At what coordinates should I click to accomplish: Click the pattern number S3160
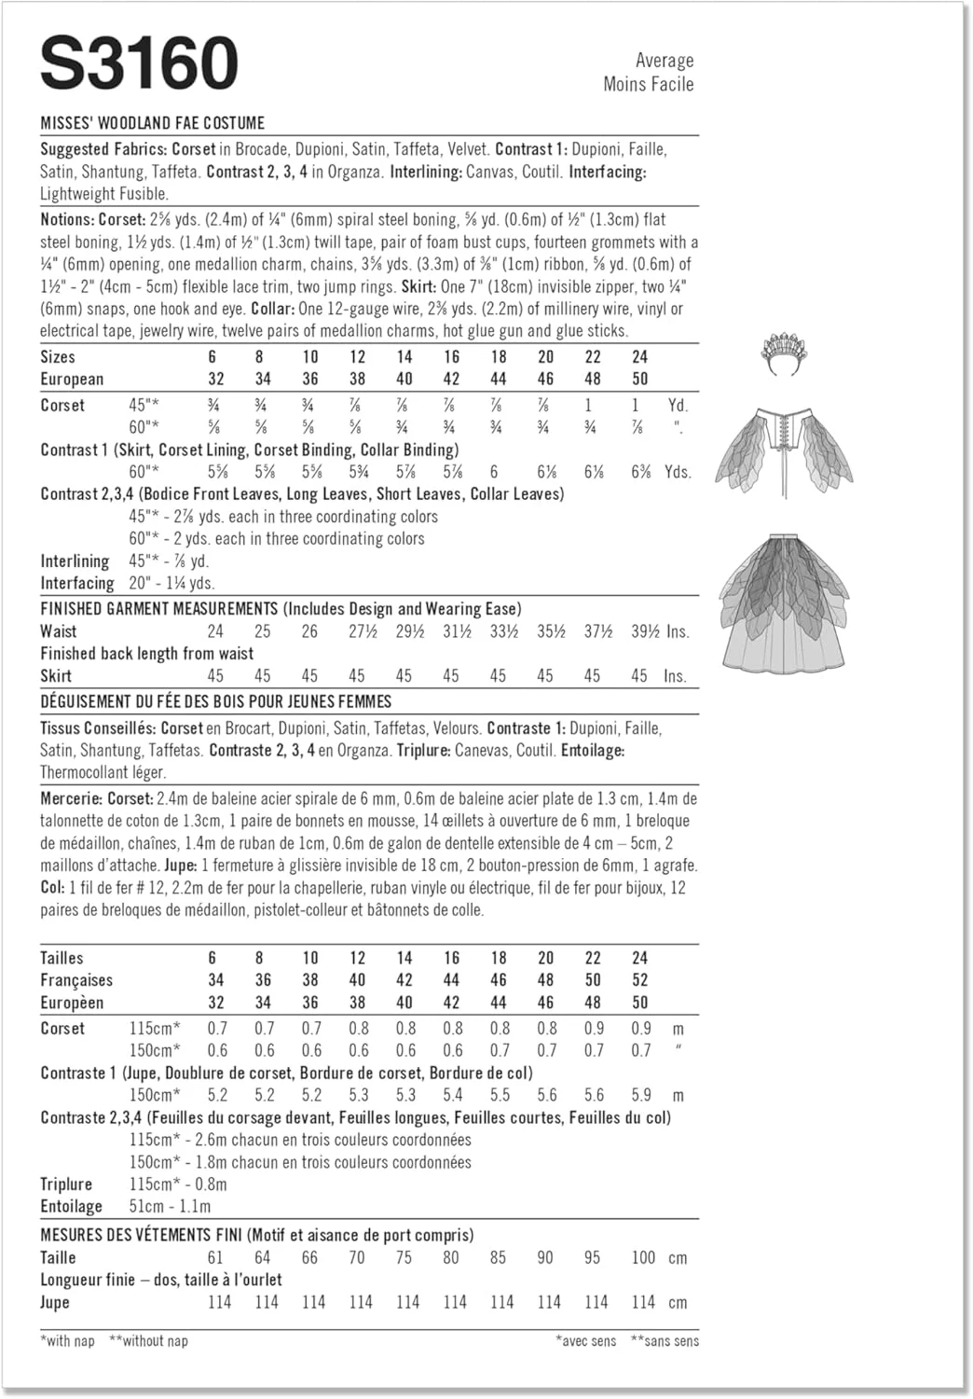(x=139, y=63)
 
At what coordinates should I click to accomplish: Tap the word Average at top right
(x=664, y=61)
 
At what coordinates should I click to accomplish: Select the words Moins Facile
(x=648, y=85)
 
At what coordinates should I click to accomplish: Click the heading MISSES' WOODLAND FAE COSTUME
(x=153, y=123)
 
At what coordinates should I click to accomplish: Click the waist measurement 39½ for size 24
(x=645, y=631)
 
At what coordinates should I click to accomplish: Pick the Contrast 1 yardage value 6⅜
(x=640, y=472)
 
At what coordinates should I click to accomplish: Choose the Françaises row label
(x=76, y=980)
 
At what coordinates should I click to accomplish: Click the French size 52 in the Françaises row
(x=639, y=980)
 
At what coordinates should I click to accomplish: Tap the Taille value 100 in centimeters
(x=643, y=1257)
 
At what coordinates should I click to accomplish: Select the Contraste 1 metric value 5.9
(x=640, y=1095)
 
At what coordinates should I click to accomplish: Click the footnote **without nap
(x=148, y=1341)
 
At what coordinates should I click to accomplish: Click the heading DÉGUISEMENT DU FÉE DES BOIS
(x=216, y=701)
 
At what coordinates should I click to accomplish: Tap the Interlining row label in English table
(x=75, y=561)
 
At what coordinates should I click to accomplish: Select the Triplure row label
(x=66, y=1184)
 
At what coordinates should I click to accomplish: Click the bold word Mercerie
(x=71, y=799)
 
